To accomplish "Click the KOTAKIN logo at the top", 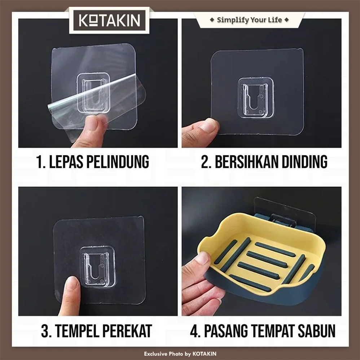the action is (109, 21).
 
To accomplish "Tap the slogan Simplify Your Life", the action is (249, 20).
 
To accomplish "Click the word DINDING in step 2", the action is (304, 162).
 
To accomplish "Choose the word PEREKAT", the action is (127, 331).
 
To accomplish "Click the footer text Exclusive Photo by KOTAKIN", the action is (180, 354).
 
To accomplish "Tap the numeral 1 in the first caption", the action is (39, 162).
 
